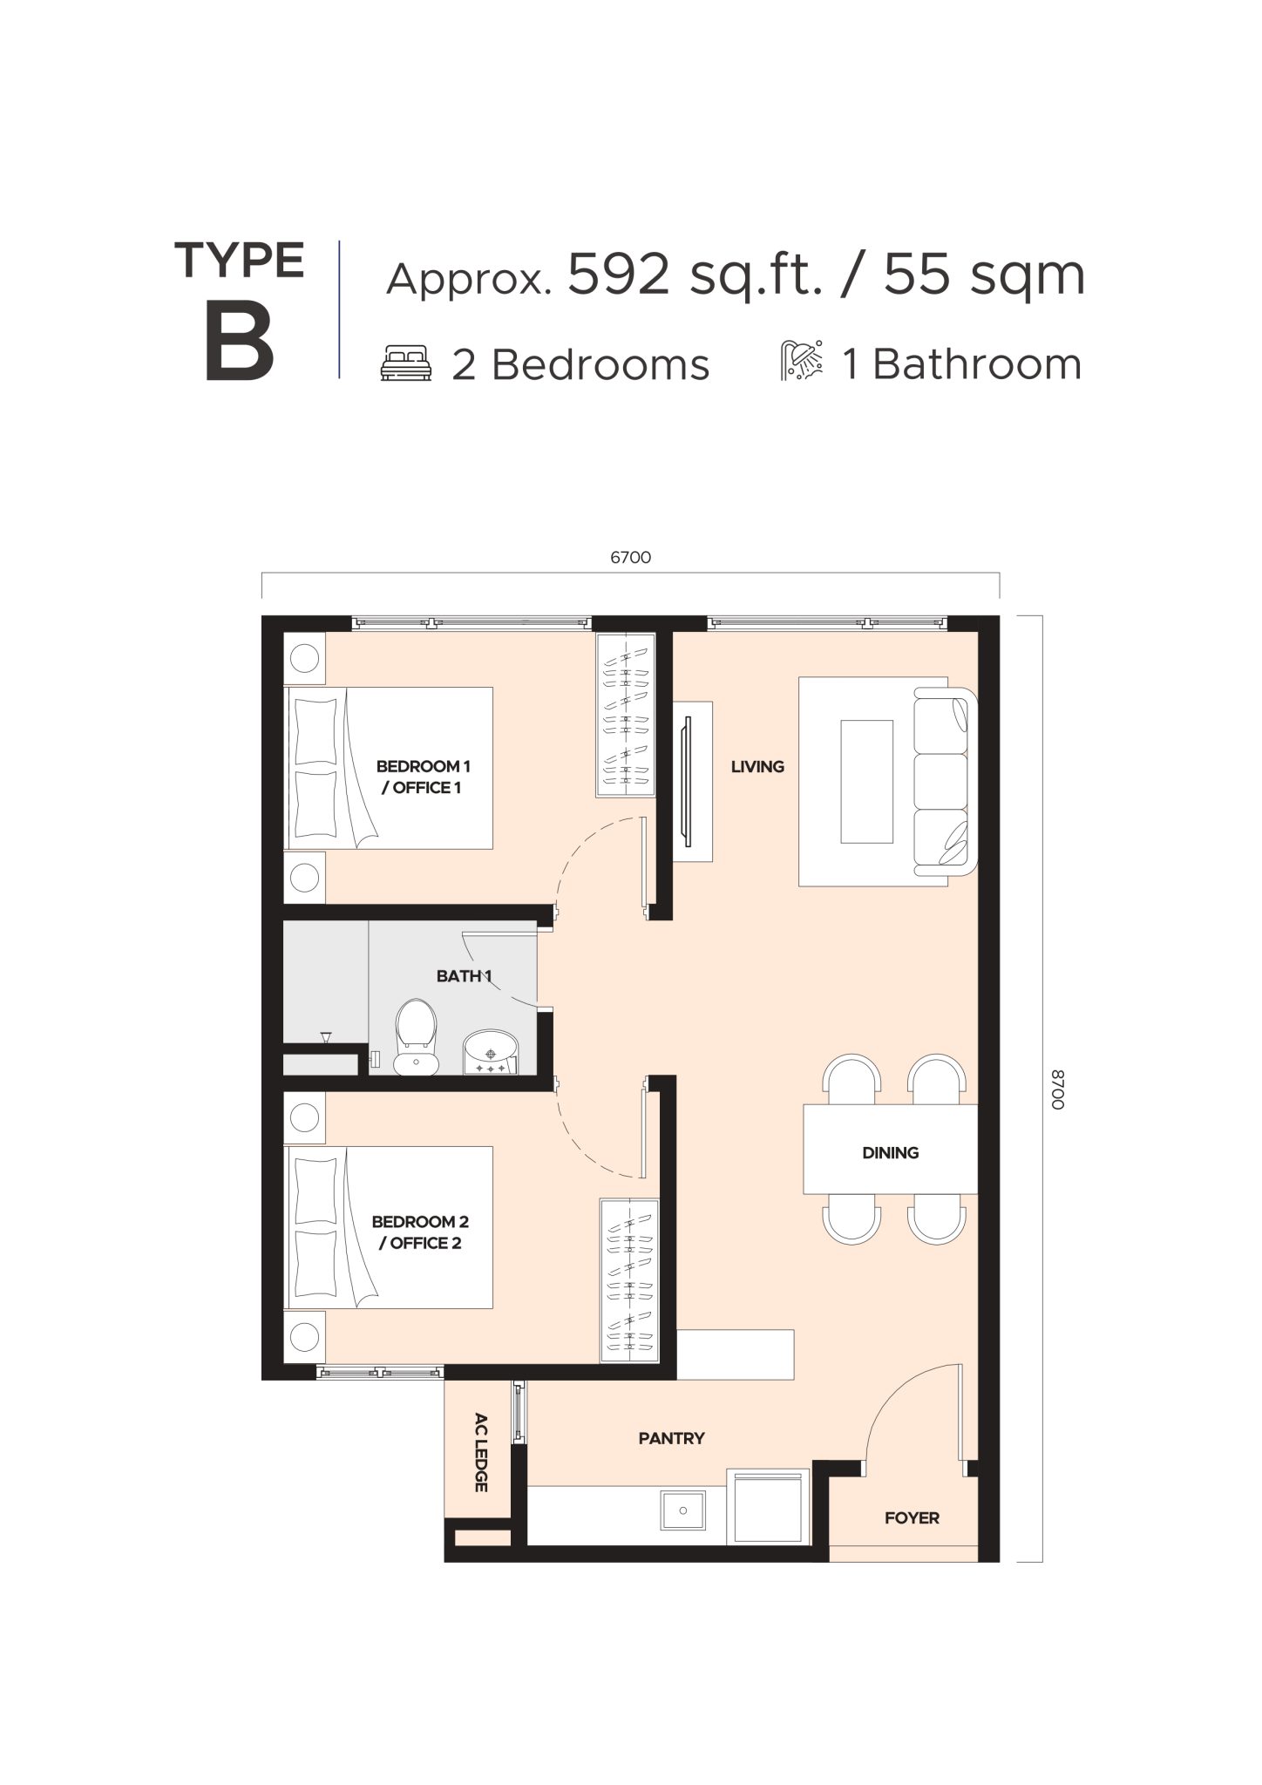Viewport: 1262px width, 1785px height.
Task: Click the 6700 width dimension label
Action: click(630, 558)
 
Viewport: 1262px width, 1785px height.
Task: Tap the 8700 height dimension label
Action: click(1057, 1089)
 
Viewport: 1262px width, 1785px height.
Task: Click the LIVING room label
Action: click(757, 767)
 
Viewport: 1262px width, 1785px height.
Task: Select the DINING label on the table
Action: click(890, 1153)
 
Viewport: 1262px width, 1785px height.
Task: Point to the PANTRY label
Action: click(671, 1438)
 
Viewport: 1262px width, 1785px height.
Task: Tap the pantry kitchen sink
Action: click(683, 1510)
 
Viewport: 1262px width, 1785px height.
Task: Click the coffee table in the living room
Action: click(866, 781)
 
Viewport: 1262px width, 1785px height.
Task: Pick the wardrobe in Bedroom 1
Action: click(625, 714)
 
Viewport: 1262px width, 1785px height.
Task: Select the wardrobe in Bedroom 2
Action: click(628, 1280)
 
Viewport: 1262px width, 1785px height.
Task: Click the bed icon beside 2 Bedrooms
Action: click(406, 363)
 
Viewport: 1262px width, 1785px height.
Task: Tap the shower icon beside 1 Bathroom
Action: click(801, 363)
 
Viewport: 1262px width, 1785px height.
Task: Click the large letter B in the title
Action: click(239, 344)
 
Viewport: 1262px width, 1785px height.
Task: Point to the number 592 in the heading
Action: click(619, 275)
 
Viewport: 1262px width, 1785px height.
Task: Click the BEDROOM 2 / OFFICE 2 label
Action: click(420, 1232)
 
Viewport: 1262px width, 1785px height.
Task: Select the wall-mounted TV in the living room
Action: click(689, 781)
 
